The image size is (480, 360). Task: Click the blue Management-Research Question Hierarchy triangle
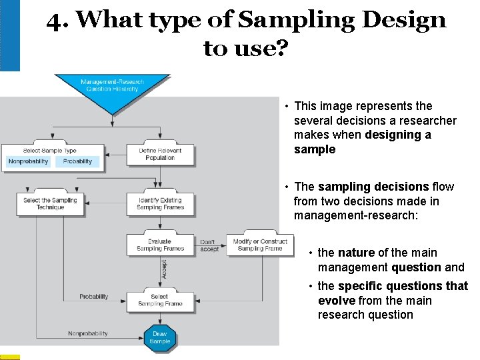(112, 89)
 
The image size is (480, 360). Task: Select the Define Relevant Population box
(160, 154)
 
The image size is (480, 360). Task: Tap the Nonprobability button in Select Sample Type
(29, 161)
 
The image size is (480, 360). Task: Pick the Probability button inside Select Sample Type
(78, 161)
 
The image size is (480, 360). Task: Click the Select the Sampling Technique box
(50, 203)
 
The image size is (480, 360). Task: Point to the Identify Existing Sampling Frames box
(160, 203)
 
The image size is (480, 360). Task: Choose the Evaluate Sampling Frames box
(160, 245)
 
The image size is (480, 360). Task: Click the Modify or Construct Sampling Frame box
(260, 245)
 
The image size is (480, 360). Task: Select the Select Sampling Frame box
(160, 300)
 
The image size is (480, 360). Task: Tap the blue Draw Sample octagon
(160, 337)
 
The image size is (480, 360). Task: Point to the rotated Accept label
(164, 270)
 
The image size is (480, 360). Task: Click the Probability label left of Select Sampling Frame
(93, 297)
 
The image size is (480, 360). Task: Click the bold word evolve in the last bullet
(337, 301)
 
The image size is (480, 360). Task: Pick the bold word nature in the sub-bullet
(356, 253)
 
